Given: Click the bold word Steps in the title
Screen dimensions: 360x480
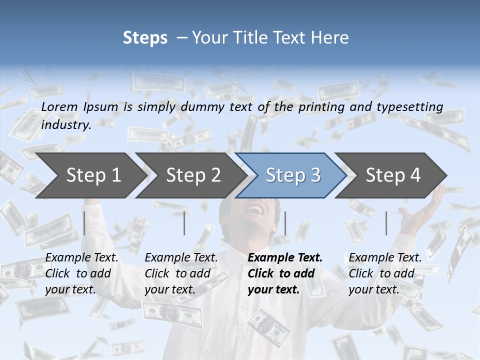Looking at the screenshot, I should pyautogui.click(x=145, y=38).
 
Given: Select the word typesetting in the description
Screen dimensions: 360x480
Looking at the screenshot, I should pyautogui.click(x=409, y=107).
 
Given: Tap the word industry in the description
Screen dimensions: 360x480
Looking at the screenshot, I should pyautogui.click(x=65, y=124).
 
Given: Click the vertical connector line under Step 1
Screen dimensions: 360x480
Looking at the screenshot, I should pyautogui.click(x=84, y=223).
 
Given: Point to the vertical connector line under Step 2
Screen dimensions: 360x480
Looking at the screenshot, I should pyautogui.click(x=184, y=223).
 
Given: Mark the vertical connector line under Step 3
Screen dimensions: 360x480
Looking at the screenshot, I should pyautogui.click(x=285, y=223).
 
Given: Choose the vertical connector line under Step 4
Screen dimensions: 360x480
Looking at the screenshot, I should pyautogui.click(x=386, y=223).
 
